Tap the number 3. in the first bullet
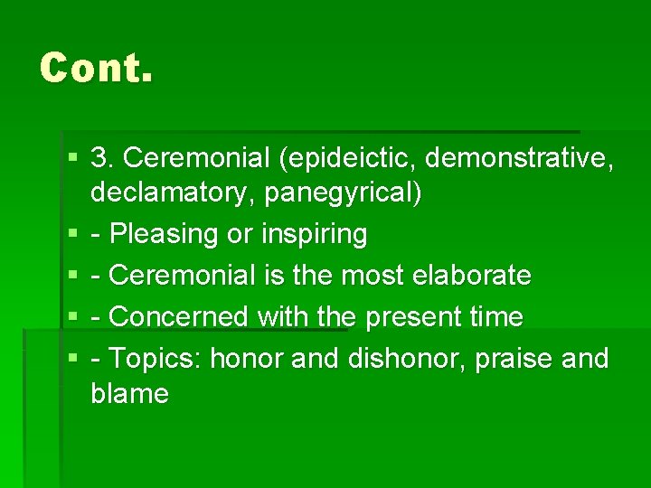point(103,158)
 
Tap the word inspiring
point(314,235)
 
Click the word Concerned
point(178,317)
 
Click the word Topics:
point(155,359)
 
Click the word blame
point(129,394)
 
